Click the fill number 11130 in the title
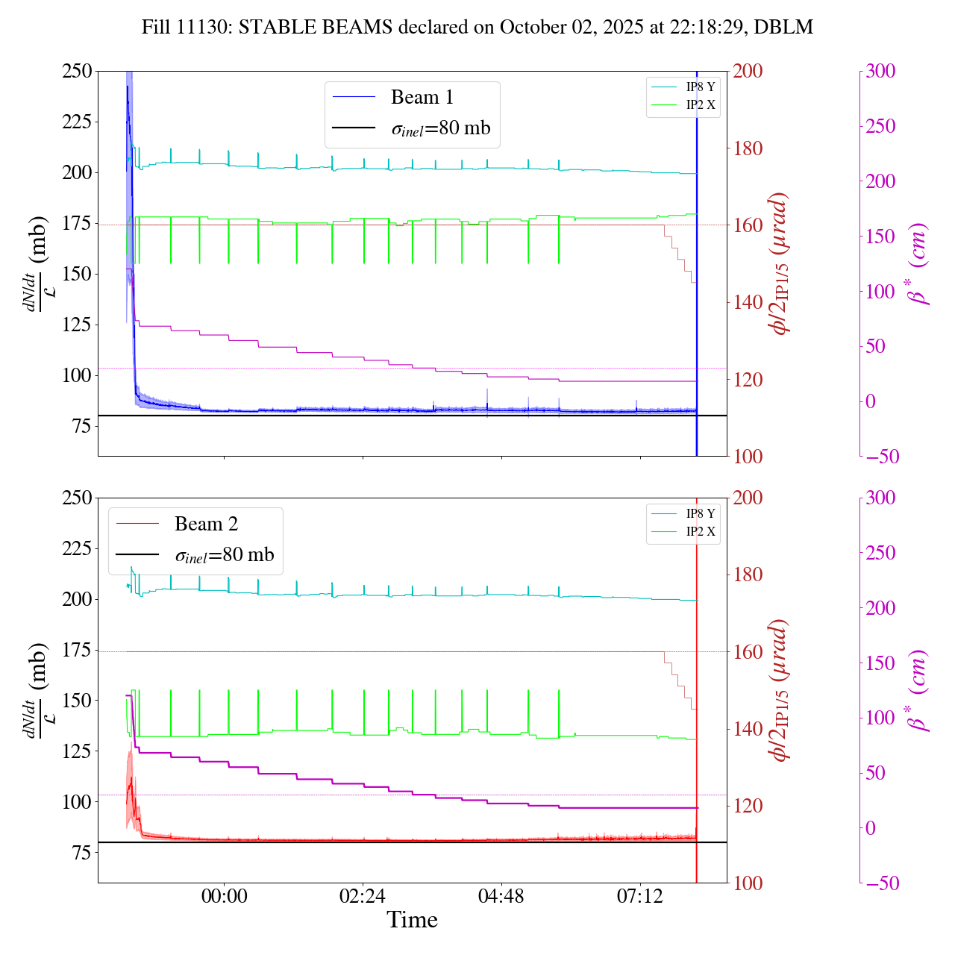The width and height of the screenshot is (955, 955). click(x=197, y=28)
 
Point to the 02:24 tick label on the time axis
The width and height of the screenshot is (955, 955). click(x=363, y=895)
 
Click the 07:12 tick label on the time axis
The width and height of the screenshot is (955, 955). click(x=640, y=895)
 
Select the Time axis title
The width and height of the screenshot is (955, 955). click(x=412, y=920)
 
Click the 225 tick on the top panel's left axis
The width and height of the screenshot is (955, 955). click(x=77, y=122)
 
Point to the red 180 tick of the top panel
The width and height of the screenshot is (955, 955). click(x=749, y=148)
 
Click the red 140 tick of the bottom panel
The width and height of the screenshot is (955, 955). click(x=749, y=729)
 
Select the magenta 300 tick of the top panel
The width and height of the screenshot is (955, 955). click(x=880, y=72)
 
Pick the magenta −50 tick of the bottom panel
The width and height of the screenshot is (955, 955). click(x=880, y=883)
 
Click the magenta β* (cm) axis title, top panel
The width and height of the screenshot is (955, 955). click(x=918, y=263)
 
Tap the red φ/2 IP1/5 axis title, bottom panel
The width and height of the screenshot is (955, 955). click(x=780, y=690)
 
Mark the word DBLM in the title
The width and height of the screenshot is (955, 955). click(x=783, y=28)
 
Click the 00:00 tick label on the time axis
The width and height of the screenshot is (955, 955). click(x=224, y=895)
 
